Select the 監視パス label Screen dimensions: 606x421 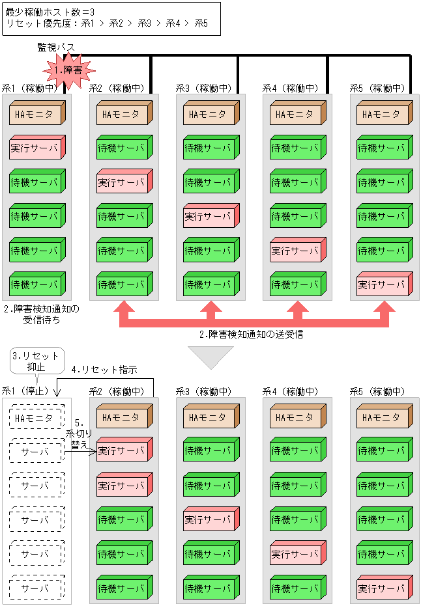[56, 48]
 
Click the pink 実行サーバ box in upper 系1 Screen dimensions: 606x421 [36, 148]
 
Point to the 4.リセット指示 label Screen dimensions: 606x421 [104, 370]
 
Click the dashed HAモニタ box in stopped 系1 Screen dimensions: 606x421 [36, 417]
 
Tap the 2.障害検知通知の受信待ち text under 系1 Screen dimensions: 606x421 [40, 314]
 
